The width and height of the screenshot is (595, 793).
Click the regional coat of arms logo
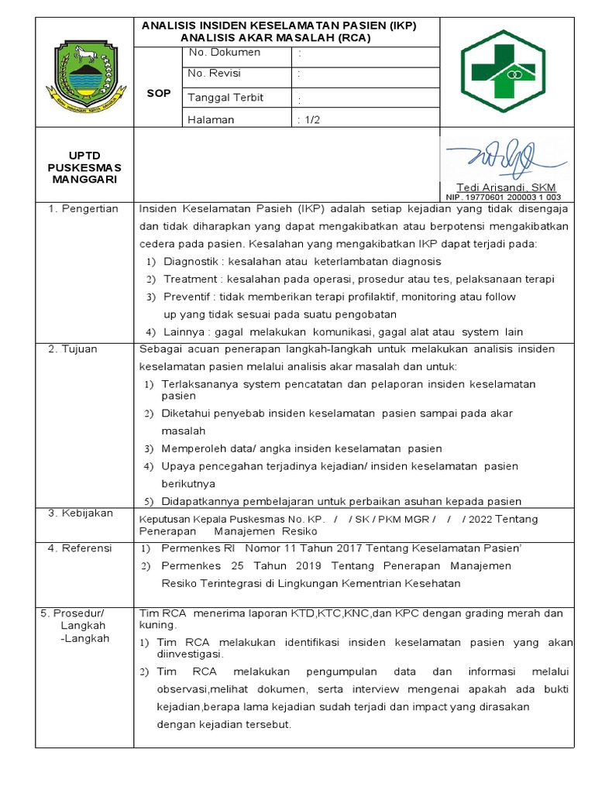tap(84, 74)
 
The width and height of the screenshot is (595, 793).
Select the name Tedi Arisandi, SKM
tap(506, 188)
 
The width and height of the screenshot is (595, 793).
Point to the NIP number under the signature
tap(503, 197)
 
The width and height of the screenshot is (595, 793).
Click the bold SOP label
tap(159, 93)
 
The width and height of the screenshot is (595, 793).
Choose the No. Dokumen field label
tap(224, 53)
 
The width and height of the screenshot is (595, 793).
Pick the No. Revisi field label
tap(214, 74)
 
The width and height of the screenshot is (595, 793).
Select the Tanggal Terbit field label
tap(225, 98)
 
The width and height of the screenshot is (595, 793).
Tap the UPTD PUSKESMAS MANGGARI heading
tap(84, 167)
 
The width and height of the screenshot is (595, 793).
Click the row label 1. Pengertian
tap(84, 209)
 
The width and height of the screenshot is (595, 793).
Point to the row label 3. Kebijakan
tap(81, 513)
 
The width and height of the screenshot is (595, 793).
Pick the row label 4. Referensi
tap(80, 548)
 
